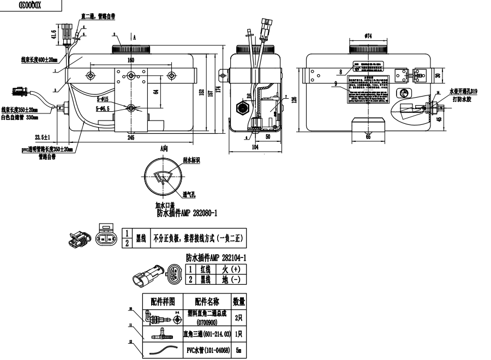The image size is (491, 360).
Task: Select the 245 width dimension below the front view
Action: point(130,138)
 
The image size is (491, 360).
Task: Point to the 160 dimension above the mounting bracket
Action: point(131,59)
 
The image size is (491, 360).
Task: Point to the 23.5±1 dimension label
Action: point(42,136)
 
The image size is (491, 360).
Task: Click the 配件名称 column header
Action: point(207,301)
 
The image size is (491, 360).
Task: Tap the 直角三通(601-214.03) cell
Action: point(207,333)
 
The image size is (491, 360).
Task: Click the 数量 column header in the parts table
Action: point(239,301)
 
